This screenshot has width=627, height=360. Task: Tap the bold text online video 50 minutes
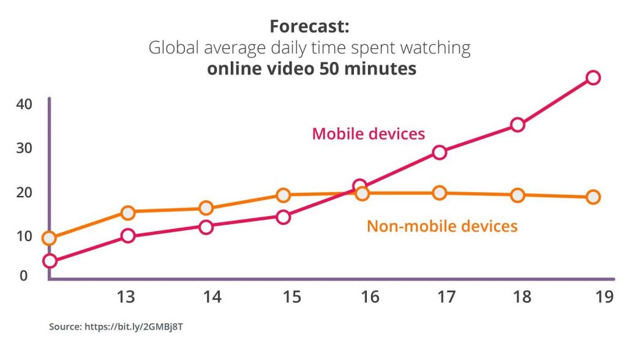pyautogui.click(x=312, y=69)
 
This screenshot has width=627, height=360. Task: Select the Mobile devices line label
pyautogui.click(x=368, y=133)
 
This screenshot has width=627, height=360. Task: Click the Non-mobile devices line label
pyautogui.click(x=442, y=226)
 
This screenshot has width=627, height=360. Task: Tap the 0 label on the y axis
pyautogui.click(x=24, y=276)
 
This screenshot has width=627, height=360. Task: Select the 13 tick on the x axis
pyautogui.click(x=126, y=298)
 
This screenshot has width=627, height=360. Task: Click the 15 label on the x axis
pyautogui.click(x=291, y=298)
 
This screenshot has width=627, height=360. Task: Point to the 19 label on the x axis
pyautogui.click(x=604, y=298)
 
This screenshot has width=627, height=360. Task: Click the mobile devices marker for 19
pyautogui.click(x=593, y=77)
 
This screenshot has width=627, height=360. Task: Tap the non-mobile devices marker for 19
pyautogui.click(x=593, y=197)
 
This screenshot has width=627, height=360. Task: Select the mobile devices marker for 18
pyautogui.click(x=517, y=125)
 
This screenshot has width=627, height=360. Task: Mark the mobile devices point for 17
pyautogui.click(x=439, y=152)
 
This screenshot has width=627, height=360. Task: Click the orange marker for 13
pyautogui.click(x=128, y=213)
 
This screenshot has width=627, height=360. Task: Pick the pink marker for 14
pyautogui.click(x=206, y=227)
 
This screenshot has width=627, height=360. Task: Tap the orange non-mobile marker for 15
pyautogui.click(x=283, y=195)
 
